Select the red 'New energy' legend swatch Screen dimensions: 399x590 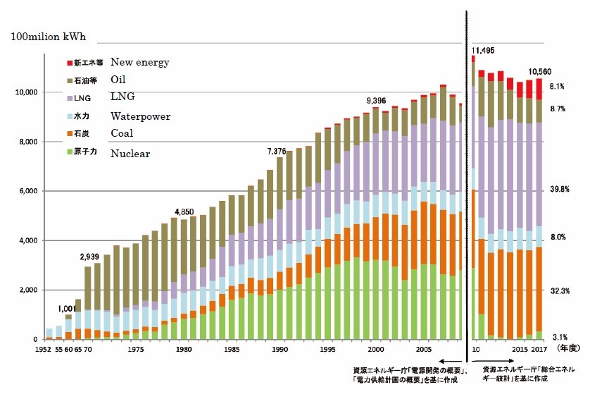(69, 63)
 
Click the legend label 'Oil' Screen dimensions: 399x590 (120, 80)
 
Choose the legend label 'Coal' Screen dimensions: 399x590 (123, 133)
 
